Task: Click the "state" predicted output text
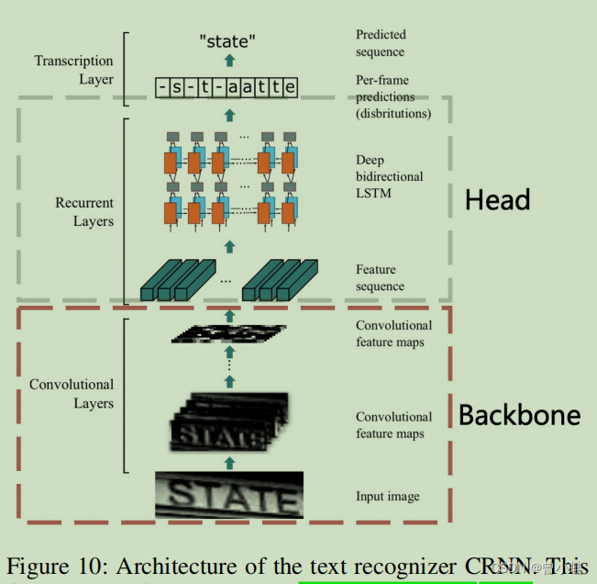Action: (228, 42)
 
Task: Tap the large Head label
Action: (497, 199)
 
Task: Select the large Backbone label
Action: (519, 415)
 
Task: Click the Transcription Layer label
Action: (74, 70)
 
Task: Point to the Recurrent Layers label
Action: (84, 212)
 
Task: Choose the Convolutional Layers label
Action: (72, 394)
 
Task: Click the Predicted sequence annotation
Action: (381, 43)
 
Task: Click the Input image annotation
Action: (388, 497)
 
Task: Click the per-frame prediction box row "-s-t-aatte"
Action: (227, 87)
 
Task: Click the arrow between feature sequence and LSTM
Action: (229, 246)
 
